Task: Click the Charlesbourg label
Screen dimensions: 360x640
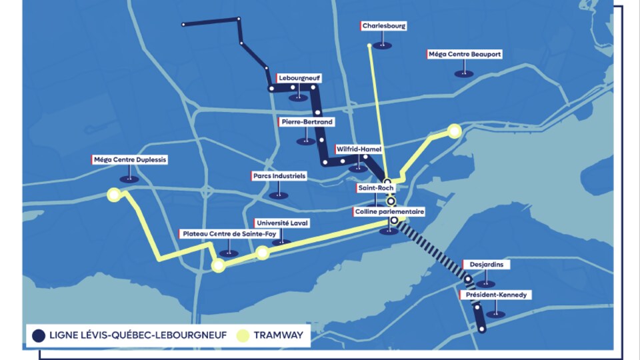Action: click(x=383, y=26)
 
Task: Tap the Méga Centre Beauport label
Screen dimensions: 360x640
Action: click(x=464, y=54)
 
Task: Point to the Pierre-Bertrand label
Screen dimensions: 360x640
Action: click(x=306, y=122)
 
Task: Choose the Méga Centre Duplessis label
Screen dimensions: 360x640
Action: click(x=129, y=160)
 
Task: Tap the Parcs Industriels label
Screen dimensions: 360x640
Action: click(x=279, y=176)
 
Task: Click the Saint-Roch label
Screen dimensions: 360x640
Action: click(x=376, y=189)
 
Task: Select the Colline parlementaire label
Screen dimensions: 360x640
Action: click(x=388, y=212)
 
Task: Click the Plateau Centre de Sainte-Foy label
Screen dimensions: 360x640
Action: click(x=228, y=234)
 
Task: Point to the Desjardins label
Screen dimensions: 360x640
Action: click(x=485, y=265)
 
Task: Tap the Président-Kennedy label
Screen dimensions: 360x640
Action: click(x=495, y=295)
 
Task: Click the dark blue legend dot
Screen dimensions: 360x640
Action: click(x=38, y=335)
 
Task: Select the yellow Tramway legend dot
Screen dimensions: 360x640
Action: click(x=243, y=335)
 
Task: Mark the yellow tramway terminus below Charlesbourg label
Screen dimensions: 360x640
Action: click(x=369, y=45)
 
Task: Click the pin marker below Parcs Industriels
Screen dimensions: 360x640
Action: click(x=279, y=195)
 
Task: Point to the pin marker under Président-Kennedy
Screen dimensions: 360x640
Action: click(x=495, y=313)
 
